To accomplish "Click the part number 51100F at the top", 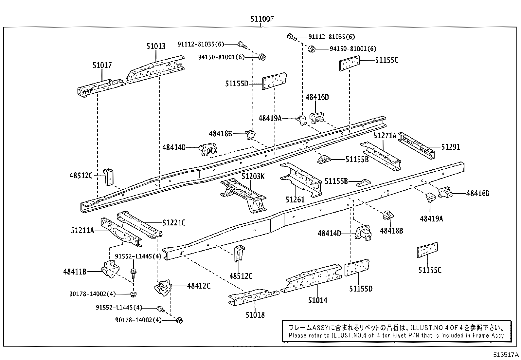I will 262,19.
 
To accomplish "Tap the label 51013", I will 156,47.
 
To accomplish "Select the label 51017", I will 102,65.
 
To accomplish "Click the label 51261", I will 295,199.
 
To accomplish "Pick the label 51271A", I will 385,135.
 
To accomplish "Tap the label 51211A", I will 82,231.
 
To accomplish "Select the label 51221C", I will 174,223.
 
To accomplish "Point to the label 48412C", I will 199,286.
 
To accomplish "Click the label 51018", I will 255,315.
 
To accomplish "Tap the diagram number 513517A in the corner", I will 506,355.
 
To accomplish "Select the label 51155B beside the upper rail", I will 357,159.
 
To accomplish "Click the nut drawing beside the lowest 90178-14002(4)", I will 179,320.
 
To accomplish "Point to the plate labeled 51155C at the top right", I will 349,63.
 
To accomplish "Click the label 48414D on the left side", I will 174,147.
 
